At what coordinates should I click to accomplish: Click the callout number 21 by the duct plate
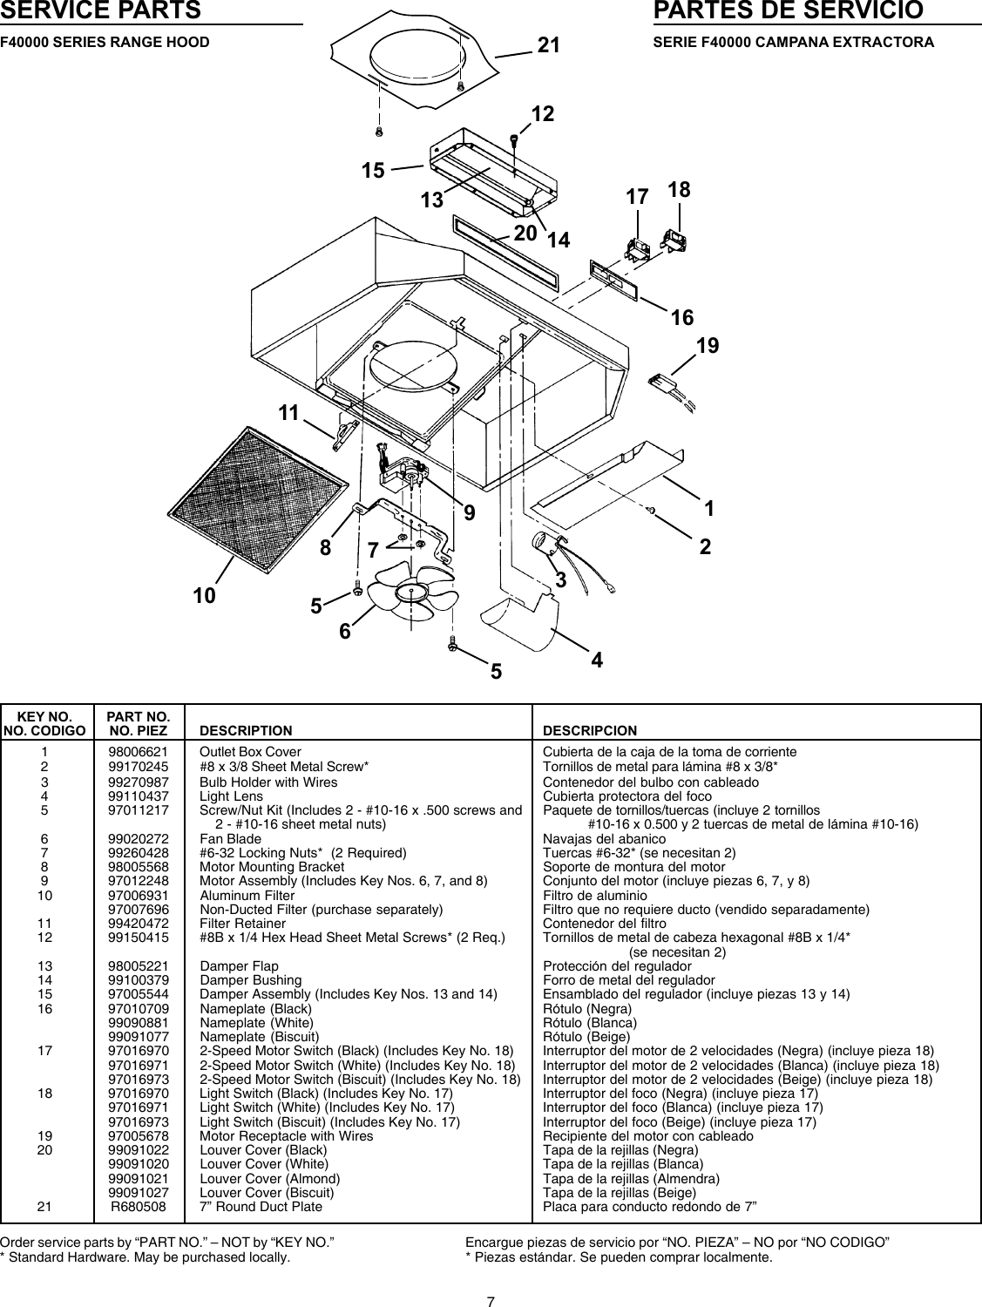point(548,46)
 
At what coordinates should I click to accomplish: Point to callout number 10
point(205,596)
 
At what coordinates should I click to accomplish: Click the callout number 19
point(708,346)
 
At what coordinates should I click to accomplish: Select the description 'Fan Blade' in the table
point(230,839)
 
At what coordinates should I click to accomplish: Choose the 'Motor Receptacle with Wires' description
point(286,1136)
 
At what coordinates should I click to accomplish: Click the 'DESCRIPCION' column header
point(590,730)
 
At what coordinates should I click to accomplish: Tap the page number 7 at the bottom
point(491,1278)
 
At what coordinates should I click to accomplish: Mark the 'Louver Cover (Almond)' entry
point(269,1179)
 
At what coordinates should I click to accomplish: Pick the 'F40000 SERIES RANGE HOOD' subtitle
point(105,42)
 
